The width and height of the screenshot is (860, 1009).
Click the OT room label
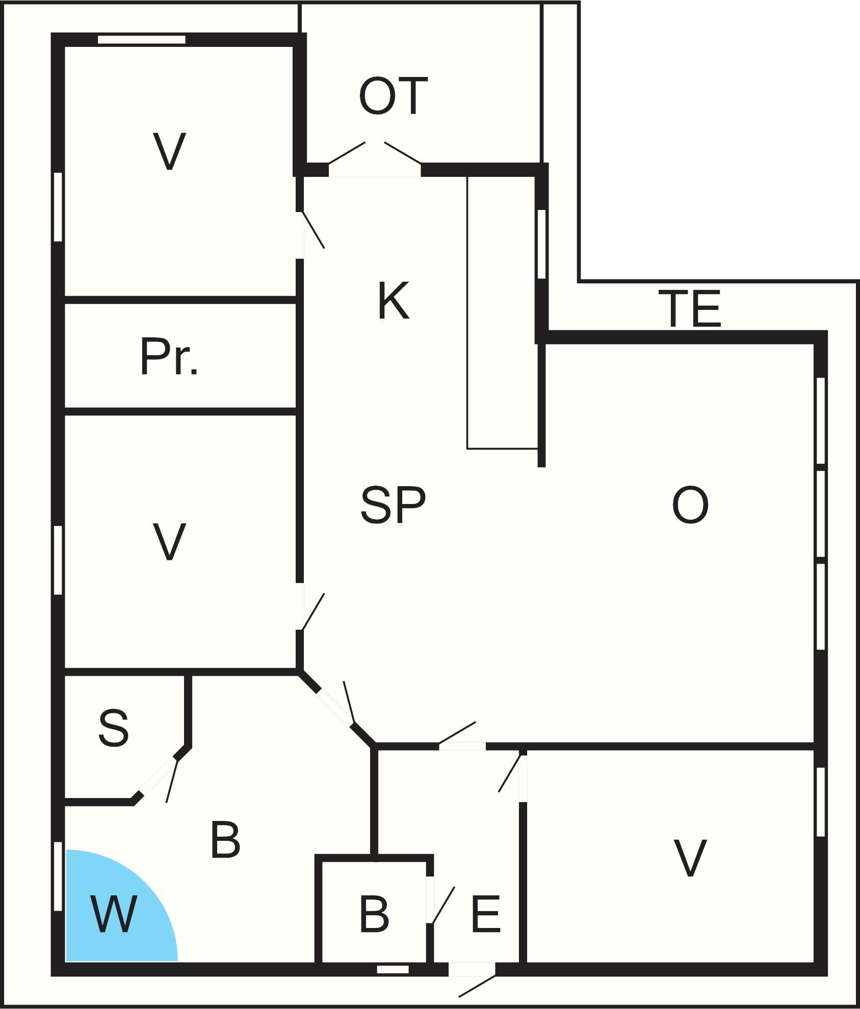tap(393, 96)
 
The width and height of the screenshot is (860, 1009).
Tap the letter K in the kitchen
tap(394, 301)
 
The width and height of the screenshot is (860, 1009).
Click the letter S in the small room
tap(113, 728)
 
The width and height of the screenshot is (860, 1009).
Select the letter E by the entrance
tap(486, 914)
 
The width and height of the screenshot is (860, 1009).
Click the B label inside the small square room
tap(374, 914)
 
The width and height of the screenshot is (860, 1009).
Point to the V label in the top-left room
tap(169, 151)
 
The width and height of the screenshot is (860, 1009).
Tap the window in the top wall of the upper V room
tap(142, 40)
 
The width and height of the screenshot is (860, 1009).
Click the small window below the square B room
tap(393, 969)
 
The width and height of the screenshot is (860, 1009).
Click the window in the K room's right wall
tap(542, 244)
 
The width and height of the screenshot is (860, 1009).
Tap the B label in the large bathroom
tap(225, 840)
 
